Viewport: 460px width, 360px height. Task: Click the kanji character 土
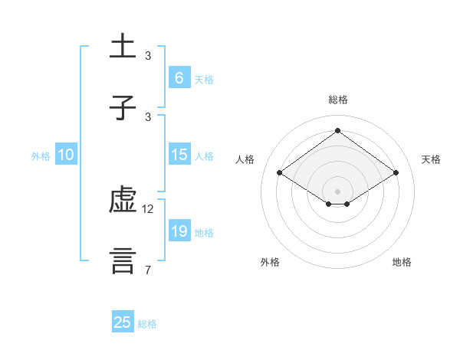(x=123, y=47)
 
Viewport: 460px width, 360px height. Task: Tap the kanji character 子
(x=123, y=108)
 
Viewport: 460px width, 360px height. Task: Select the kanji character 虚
(x=123, y=201)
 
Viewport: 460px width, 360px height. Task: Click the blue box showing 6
(x=179, y=77)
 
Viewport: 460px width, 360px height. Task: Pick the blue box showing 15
(x=179, y=155)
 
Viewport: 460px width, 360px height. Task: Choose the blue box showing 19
(x=179, y=231)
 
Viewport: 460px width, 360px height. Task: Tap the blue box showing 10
(x=65, y=155)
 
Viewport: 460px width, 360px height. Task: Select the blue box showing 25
(x=123, y=322)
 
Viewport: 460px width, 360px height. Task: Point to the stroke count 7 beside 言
(x=148, y=270)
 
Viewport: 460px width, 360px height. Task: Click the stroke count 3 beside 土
(x=148, y=56)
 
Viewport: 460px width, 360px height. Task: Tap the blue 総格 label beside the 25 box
(x=148, y=324)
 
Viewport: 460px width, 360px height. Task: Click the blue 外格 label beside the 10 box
(x=41, y=155)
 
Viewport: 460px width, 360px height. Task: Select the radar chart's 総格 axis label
(x=338, y=100)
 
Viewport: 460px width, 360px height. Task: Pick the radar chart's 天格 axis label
(x=432, y=159)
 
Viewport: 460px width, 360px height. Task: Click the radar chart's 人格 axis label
(x=245, y=159)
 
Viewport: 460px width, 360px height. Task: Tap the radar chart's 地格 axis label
(x=402, y=262)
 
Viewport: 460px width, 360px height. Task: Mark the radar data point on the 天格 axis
(x=396, y=173)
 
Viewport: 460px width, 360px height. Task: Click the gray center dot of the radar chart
(x=338, y=191)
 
